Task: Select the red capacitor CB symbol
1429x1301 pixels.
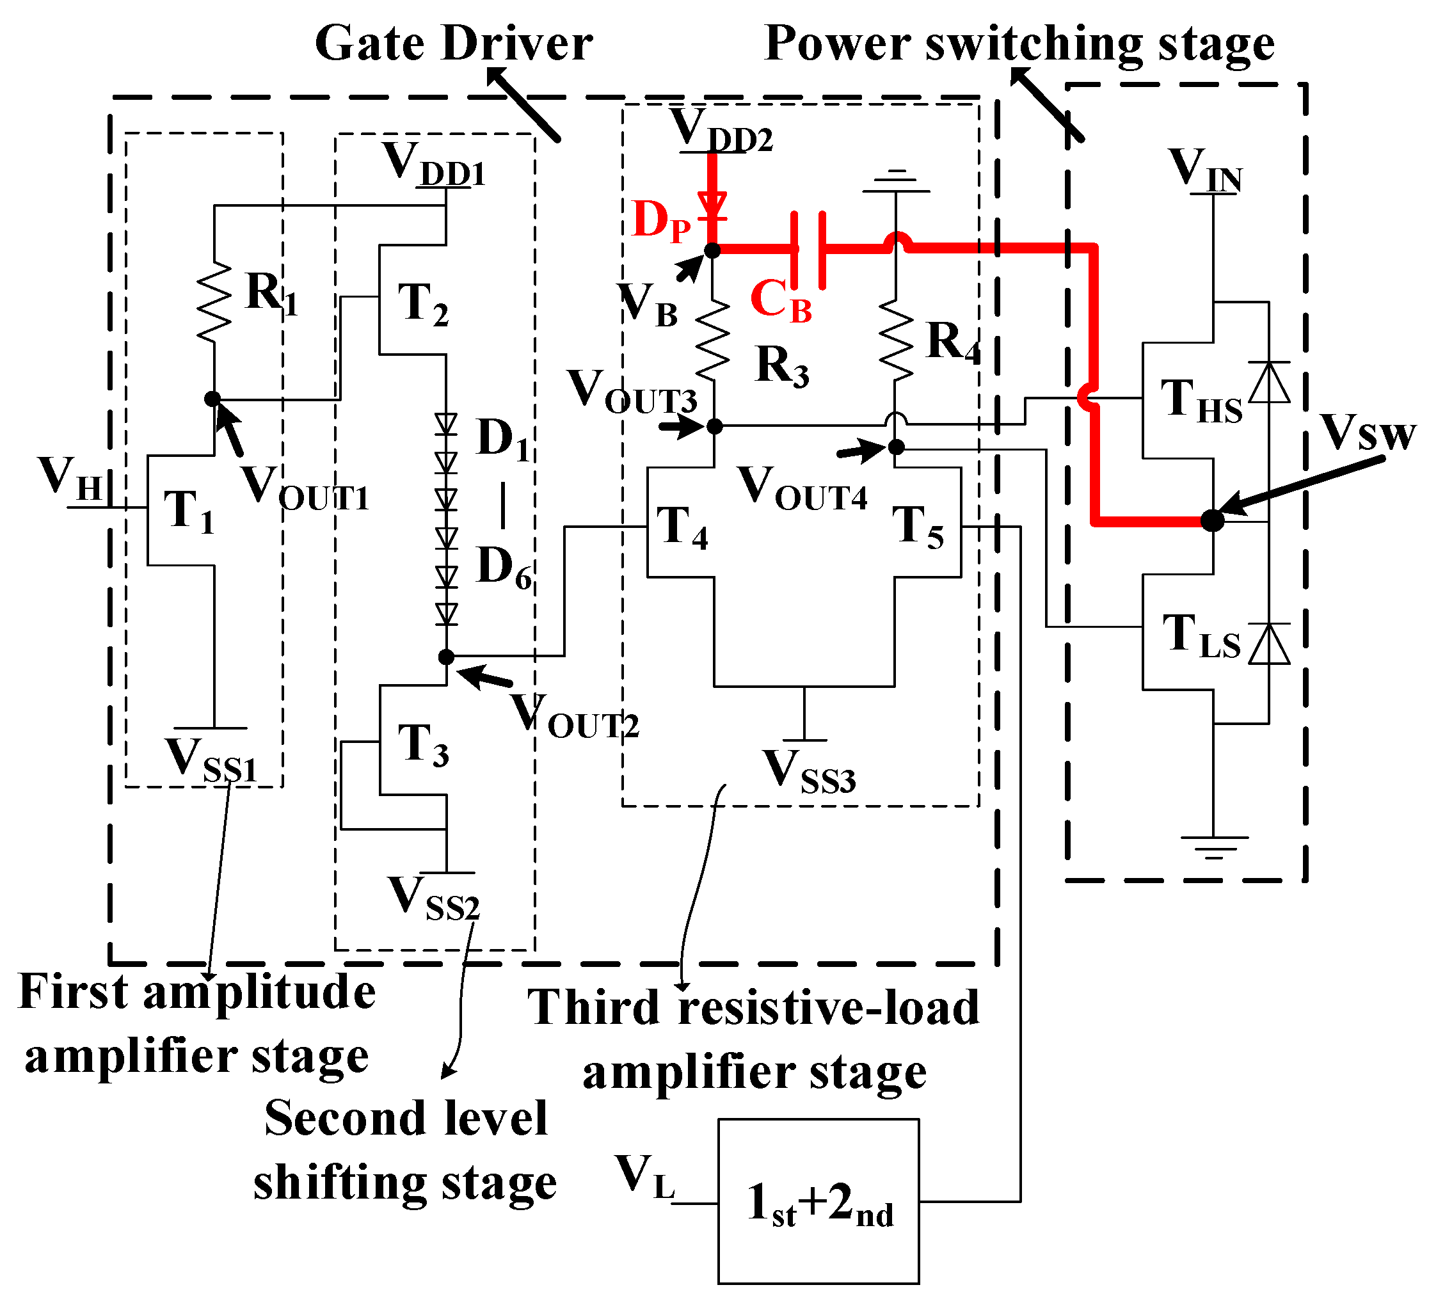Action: click(x=808, y=250)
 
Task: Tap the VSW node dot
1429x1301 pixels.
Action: click(x=1213, y=520)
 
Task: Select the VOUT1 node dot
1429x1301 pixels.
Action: click(x=212, y=399)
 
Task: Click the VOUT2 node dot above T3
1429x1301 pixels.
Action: click(x=446, y=657)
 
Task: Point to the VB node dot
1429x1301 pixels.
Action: click(x=712, y=250)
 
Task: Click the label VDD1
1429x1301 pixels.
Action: click(x=434, y=164)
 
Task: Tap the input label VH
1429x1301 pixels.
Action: click(x=71, y=478)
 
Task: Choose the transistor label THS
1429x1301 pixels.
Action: click(x=1201, y=401)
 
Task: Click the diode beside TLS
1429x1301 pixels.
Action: click(x=1269, y=644)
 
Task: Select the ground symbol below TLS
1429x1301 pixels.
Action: click(x=1213, y=847)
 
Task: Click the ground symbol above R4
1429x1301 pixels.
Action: click(x=896, y=182)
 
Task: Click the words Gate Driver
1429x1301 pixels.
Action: click(x=454, y=44)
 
